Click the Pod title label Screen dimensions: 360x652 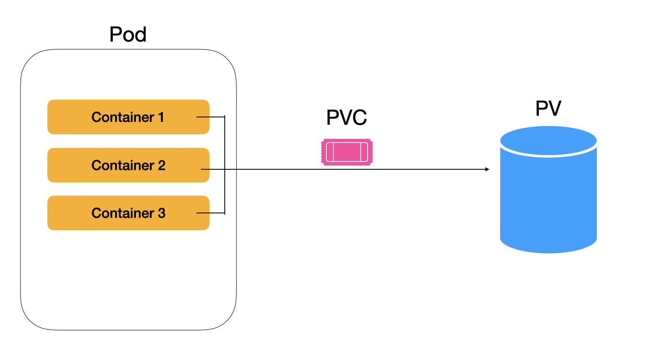point(128,35)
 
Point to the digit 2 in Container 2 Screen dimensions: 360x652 point(161,166)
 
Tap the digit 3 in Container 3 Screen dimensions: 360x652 point(161,213)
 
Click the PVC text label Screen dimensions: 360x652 point(346,118)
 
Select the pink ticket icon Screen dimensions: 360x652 point(347,152)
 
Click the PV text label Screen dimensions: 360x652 point(548,109)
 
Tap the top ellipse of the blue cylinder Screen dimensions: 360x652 point(548,140)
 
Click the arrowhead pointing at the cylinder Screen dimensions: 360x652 point(487,169)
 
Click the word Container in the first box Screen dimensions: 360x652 point(123,117)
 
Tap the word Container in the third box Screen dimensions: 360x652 point(123,213)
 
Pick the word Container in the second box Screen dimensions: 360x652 point(123,166)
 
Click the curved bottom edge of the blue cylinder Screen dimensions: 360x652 point(548,252)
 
